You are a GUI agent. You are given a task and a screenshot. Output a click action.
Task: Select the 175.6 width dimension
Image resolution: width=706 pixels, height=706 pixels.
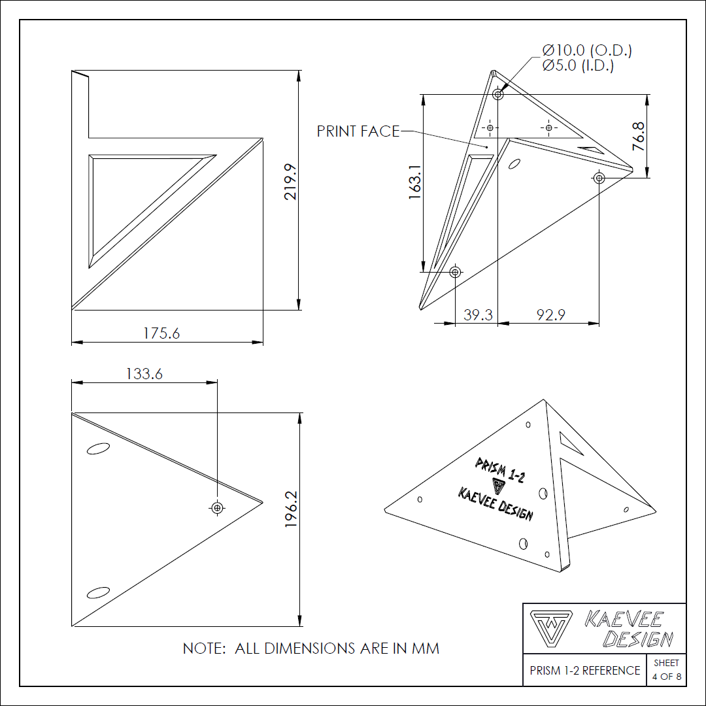pos(161,333)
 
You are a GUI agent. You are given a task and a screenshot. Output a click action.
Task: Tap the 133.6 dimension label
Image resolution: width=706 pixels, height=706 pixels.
pos(144,373)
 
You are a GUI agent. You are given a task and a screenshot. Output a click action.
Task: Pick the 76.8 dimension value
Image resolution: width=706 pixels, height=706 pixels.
pos(639,137)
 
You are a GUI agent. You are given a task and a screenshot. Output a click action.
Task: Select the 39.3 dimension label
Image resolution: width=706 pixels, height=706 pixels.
pos(478,315)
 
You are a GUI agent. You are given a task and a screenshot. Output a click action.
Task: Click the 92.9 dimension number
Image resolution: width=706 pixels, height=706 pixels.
pos(550,315)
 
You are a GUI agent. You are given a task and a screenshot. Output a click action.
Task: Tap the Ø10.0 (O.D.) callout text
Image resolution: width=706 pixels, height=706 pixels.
pos(587,50)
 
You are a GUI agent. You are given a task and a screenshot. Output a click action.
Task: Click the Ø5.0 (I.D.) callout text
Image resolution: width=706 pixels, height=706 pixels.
pos(578,65)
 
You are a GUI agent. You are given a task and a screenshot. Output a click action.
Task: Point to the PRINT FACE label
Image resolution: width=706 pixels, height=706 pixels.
pos(358,131)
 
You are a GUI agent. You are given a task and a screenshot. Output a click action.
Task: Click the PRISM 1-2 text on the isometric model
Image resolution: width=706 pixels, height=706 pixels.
pos(500,470)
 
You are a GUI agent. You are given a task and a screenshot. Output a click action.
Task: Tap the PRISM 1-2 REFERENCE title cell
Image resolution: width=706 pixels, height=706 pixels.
pos(585,671)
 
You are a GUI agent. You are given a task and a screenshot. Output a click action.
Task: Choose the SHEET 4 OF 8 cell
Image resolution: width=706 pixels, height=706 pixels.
pos(666,670)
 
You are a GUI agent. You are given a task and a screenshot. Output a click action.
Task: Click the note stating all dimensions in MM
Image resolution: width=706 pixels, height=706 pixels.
pos(311,648)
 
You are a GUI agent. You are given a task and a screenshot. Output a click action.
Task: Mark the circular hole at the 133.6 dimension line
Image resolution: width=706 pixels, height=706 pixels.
pos(217,507)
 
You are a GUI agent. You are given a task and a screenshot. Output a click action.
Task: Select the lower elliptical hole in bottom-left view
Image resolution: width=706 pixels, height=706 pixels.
pos(98,592)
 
